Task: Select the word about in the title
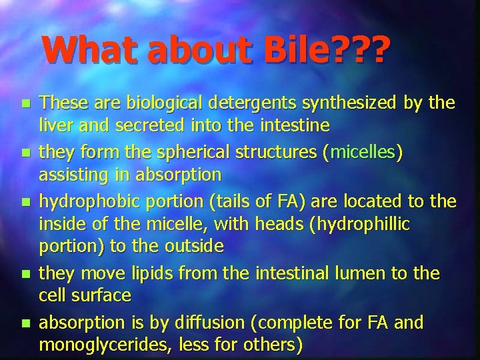point(195,49)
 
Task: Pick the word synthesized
point(350,103)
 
